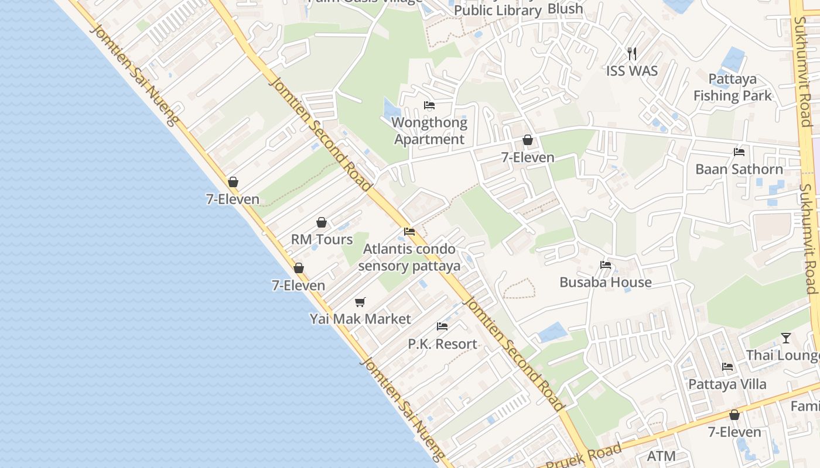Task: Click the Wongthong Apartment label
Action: [x=430, y=131]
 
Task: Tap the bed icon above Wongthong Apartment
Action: [x=429, y=105]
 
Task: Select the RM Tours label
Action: [x=322, y=239]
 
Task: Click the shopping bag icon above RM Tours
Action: [x=321, y=222]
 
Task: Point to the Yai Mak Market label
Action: [x=360, y=319]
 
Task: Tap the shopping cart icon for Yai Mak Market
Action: [x=360, y=302]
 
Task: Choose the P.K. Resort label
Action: [x=442, y=344]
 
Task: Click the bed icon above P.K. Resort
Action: [x=442, y=326]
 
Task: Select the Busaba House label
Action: [x=606, y=283]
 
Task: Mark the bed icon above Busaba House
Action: [x=606, y=265]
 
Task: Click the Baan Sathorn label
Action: [x=739, y=170]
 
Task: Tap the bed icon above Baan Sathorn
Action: [x=739, y=152]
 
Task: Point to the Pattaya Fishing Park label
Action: [x=733, y=87]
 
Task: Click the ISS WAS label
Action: [x=632, y=71]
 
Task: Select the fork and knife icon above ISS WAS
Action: [x=632, y=54]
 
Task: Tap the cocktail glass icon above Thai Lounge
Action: [x=786, y=338]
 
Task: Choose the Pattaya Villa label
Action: [x=727, y=384]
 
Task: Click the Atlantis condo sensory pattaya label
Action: [x=409, y=257]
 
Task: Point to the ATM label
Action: [x=661, y=456]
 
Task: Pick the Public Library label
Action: [x=498, y=11]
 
